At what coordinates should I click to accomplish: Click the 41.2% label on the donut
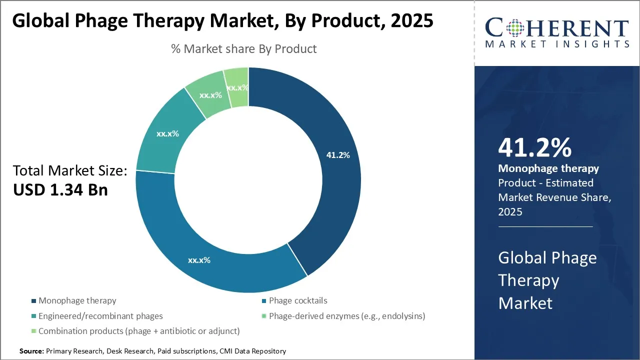(338, 155)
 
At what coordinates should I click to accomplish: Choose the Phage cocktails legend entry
(298, 300)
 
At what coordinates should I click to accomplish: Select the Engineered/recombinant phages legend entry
(100, 316)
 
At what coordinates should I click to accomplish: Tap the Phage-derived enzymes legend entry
(347, 316)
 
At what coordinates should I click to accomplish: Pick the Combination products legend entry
(139, 331)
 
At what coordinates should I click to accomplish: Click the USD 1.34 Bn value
(60, 190)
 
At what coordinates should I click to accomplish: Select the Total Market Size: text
(70, 170)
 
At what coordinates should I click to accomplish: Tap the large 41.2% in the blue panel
(534, 148)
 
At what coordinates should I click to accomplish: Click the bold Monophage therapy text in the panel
(548, 168)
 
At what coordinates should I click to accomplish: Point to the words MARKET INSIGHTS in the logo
(557, 44)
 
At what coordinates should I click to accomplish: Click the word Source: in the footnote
(31, 351)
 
